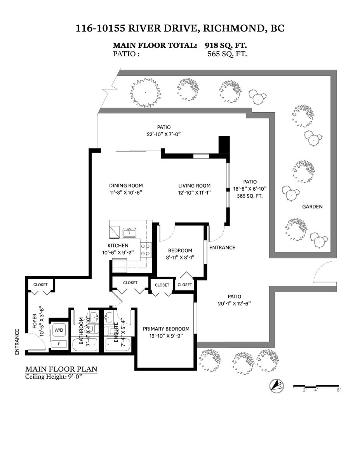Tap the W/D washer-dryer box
click(59, 330)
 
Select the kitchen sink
click(129, 233)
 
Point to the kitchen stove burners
click(146, 250)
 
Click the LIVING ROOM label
click(194, 186)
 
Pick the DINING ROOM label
click(126, 186)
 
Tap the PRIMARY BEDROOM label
click(166, 329)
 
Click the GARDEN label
click(312, 207)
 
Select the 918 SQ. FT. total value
click(226, 45)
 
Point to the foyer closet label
click(40, 285)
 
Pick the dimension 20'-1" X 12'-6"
click(234, 303)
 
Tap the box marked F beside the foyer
click(59, 344)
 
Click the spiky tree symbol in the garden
click(146, 92)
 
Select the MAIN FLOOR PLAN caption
click(61, 369)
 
